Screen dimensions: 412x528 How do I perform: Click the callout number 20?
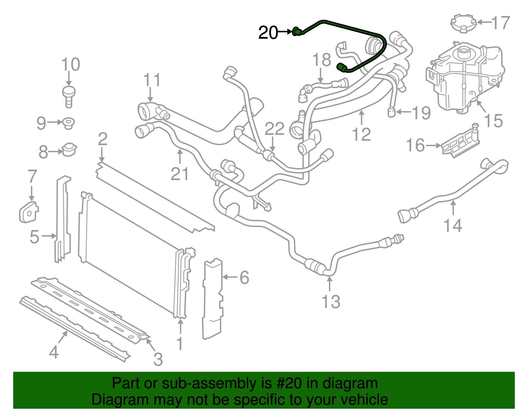click(268, 33)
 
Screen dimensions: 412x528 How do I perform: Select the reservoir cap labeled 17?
click(464, 23)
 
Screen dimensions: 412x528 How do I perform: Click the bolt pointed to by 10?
click(69, 96)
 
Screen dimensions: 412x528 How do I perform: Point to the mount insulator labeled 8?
click(69, 150)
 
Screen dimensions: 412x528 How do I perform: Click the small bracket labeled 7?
click(29, 212)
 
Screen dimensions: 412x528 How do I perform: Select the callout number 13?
click(331, 301)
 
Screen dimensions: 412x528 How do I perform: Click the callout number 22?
click(274, 129)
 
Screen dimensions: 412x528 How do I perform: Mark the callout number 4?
click(54, 352)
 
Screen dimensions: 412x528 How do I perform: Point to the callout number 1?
click(180, 344)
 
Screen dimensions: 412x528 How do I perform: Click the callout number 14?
click(453, 226)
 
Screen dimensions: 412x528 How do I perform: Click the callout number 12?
click(361, 134)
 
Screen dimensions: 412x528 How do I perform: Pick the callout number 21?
click(180, 174)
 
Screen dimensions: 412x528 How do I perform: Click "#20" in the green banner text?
click(287, 384)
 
